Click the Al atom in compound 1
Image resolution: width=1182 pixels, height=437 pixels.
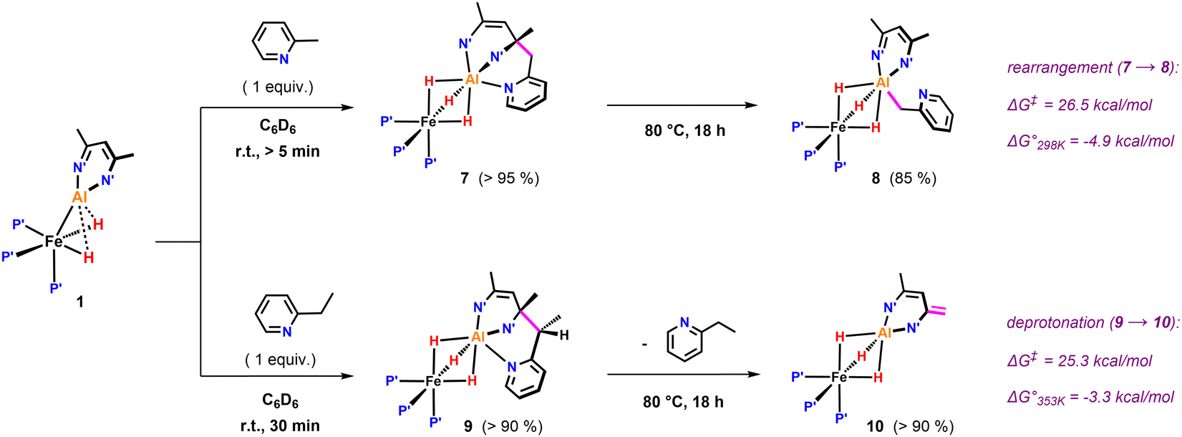pyautogui.click(x=79, y=198)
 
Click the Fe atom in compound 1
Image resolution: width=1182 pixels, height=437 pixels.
pyautogui.click(x=54, y=241)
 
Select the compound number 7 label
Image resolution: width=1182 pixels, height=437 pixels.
pyautogui.click(x=465, y=178)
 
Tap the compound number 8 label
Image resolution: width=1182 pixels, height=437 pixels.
pyautogui.click(x=876, y=178)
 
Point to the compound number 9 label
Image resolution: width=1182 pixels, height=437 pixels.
pyautogui.click(x=468, y=426)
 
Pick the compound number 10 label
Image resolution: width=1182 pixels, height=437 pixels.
pyautogui.click(x=875, y=426)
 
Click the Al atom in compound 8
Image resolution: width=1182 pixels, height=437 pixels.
pyautogui.click(x=883, y=82)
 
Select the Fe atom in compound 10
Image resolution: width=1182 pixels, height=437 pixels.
pyautogui.click(x=838, y=377)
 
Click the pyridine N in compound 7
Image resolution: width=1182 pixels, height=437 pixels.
pyautogui.click(x=508, y=88)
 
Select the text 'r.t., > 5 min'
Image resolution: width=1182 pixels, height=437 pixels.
pyautogui.click(x=278, y=151)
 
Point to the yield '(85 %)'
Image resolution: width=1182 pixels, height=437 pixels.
pyautogui.click(x=913, y=178)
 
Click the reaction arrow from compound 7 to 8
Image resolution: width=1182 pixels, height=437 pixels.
pyautogui.click(x=682, y=105)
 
